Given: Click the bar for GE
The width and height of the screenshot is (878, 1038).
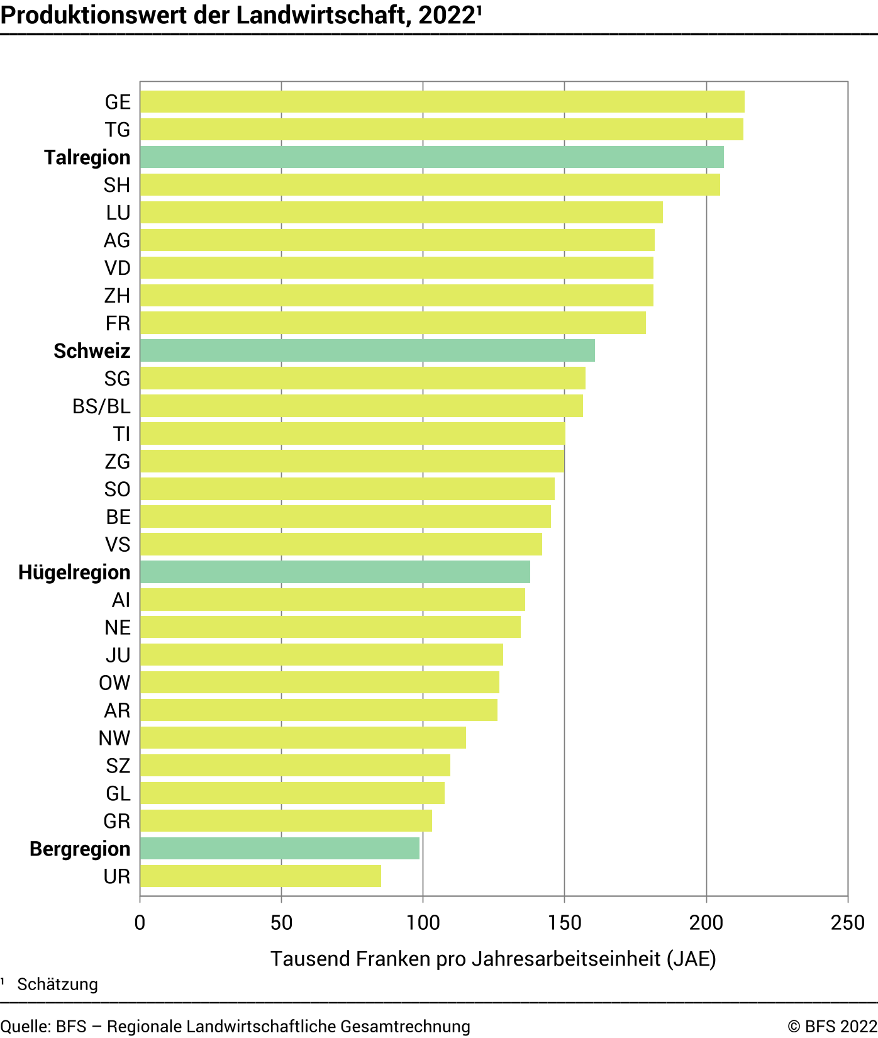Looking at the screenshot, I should click(442, 102).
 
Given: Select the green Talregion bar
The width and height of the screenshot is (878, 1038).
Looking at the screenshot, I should click(431, 157).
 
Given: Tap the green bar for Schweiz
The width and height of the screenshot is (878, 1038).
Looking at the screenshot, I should click(367, 350).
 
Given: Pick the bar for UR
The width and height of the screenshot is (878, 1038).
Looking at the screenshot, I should click(260, 876).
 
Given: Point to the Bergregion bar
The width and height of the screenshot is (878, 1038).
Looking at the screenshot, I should click(279, 848).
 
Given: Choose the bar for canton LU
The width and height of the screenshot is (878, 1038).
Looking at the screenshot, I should click(401, 213).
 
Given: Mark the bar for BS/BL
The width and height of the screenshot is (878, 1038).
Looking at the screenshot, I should click(361, 406).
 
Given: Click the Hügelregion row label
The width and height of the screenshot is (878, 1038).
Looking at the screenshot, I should click(74, 572).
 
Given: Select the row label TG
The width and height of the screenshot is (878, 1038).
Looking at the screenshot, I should click(118, 130).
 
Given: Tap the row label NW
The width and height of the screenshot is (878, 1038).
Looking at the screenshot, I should click(114, 738).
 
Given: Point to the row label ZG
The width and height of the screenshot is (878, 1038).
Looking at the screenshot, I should click(118, 462).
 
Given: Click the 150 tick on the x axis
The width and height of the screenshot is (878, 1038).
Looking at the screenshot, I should click(564, 923).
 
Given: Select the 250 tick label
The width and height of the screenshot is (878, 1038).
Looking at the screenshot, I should click(847, 923).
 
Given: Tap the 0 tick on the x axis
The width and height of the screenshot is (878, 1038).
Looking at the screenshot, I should click(140, 923).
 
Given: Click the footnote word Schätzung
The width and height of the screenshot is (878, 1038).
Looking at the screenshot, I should click(57, 985).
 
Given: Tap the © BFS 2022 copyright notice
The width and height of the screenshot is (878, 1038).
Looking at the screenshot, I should click(831, 1027).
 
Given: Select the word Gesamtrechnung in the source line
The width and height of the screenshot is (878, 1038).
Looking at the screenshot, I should click(405, 1027).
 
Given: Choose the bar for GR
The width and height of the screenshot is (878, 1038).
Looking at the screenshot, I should click(286, 820).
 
